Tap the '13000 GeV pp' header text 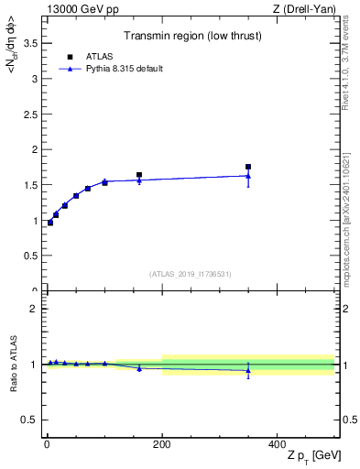pos(80,9)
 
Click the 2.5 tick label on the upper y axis pos(29,114)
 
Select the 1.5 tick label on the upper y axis pos(29,185)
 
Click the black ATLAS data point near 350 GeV pos(248,167)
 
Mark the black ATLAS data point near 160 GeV pos(139,175)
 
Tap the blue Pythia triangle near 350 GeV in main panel pos(248,176)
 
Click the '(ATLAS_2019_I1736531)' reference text pos(191,274)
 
